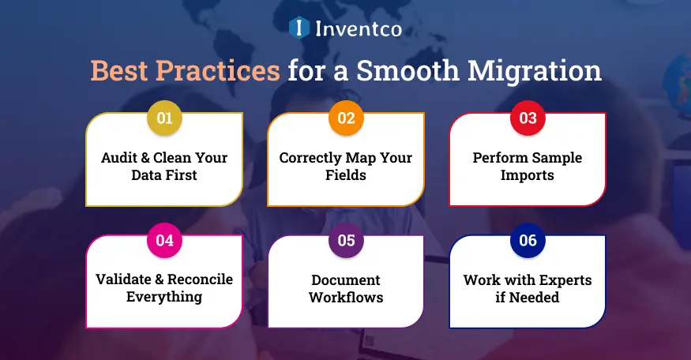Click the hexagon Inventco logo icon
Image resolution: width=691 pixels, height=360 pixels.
tap(299, 29)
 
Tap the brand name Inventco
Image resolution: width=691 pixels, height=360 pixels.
tap(359, 29)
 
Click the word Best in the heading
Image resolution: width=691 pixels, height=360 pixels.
tap(119, 70)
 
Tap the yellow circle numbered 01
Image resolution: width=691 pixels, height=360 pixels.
tap(164, 119)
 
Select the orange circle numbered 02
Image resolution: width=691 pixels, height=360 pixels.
tap(346, 119)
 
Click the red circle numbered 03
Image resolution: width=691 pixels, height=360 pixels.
tap(528, 119)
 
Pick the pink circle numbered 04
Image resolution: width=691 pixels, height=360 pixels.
tap(164, 241)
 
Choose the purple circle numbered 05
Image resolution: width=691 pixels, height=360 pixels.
tap(346, 241)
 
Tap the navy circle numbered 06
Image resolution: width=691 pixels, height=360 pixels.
tap(528, 241)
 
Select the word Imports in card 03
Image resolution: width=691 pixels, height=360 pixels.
tap(528, 174)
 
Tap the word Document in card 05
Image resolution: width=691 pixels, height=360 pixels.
tap(346, 279)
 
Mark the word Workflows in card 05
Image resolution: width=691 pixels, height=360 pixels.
tap(346, 297)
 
